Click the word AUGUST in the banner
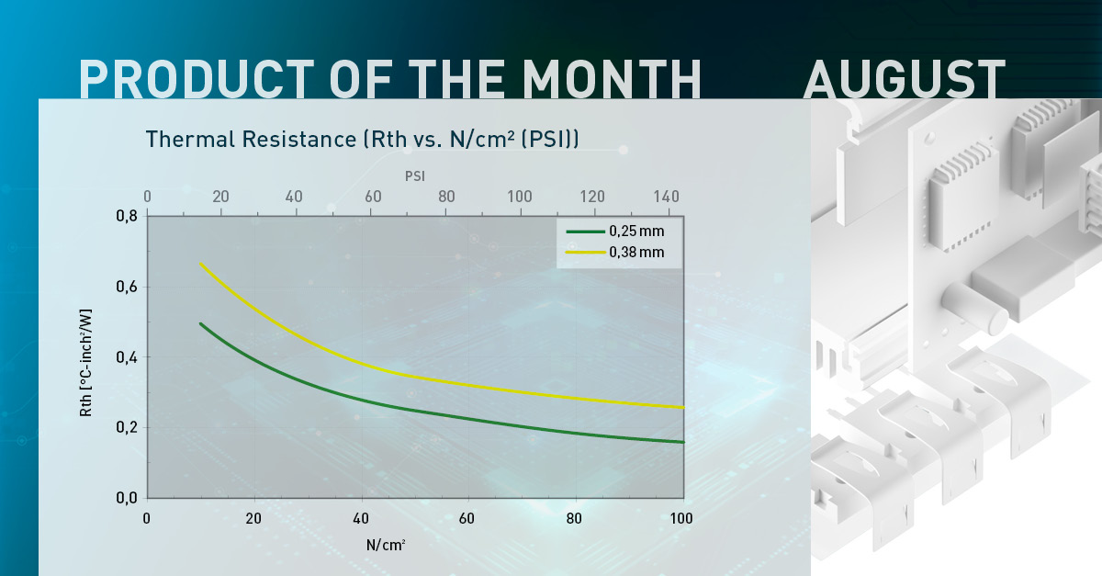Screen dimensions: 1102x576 click(905, 79)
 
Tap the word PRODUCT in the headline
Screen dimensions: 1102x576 click(197, 79)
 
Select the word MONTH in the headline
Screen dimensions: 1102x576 click(612, 79)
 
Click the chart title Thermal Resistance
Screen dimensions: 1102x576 click(251, 139)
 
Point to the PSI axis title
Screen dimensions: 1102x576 click(415, 176)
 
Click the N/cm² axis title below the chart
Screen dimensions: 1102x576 click(386, 545)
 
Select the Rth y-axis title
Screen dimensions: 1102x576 click(85, 363)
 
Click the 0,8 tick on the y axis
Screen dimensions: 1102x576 click(127, 216)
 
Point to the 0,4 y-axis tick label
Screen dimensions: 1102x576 click(127, 357)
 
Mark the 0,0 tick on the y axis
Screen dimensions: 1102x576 click(127, 498)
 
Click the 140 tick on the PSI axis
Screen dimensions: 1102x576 click(666, 197)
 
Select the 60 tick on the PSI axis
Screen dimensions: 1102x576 click(373, 197)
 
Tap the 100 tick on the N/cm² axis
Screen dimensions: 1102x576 click(681, 518)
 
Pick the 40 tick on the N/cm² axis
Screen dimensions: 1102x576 click(361, 518)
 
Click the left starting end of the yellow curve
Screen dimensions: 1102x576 click(201, 265)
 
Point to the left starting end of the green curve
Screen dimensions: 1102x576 click(201, 324)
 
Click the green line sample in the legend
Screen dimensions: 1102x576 click(586, 232)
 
